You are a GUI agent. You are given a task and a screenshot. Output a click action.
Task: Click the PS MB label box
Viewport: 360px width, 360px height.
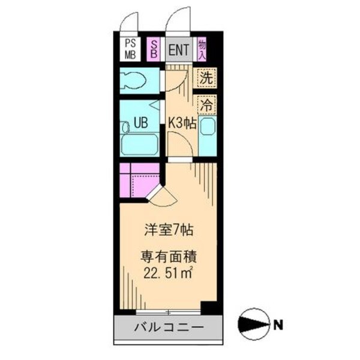(x=130, y=49)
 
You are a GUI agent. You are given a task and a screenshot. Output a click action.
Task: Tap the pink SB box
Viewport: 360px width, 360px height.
(x=154, y=49)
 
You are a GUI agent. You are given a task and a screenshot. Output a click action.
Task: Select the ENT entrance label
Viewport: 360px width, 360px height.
(x=178, y=49)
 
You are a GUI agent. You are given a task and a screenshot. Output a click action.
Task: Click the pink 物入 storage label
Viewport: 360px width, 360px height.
(x=202, y=48)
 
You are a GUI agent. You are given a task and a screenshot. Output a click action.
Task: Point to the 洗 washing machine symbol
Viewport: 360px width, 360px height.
(x=206, y=77)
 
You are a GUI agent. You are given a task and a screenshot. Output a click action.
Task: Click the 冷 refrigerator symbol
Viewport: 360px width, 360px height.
(x=206, y=104)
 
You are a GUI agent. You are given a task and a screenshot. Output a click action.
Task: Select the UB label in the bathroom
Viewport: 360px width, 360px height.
(x=140, y=124)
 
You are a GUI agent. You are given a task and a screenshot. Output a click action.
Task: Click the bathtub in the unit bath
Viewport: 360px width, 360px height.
(x=139, y=144)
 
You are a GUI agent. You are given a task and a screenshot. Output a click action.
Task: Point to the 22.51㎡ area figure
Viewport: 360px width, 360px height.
(x=168, y=274)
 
